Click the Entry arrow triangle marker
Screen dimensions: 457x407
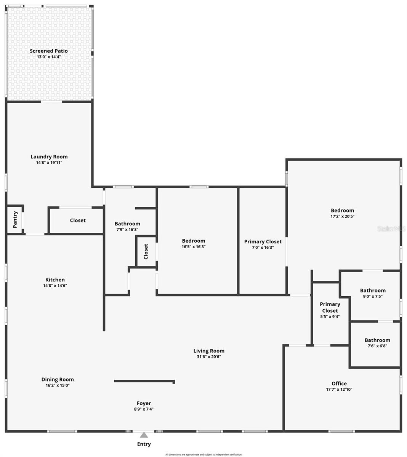click(144, 435)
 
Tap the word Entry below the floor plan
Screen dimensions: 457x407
click(144, 444)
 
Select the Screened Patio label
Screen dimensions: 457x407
click(49, 51)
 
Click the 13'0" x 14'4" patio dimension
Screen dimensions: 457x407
click(49, 57)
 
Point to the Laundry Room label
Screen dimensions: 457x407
click(49, 157)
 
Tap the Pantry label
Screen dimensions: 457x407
click(15, 219)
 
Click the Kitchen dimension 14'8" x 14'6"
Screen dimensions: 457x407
click(55, 286)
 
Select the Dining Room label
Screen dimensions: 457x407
click(58, 379)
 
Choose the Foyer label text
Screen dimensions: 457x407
click(144, 403)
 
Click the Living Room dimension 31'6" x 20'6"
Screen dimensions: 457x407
click(209, 357)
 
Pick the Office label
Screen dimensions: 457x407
click(339, 383)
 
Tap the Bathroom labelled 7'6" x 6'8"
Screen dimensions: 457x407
click(377, 340)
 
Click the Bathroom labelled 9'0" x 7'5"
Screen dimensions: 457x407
click(373, 291)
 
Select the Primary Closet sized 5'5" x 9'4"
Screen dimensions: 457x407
click(330, 307)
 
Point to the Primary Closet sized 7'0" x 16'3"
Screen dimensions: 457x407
click(263, 241)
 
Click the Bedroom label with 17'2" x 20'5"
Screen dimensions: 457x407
click(342, 210)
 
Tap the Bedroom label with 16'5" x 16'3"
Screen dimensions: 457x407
click(194, 241)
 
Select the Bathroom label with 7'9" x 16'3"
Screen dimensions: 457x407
click(127, 224)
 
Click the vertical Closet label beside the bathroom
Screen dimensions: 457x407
click(146, 251)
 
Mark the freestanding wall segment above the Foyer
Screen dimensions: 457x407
click(144, 381)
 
